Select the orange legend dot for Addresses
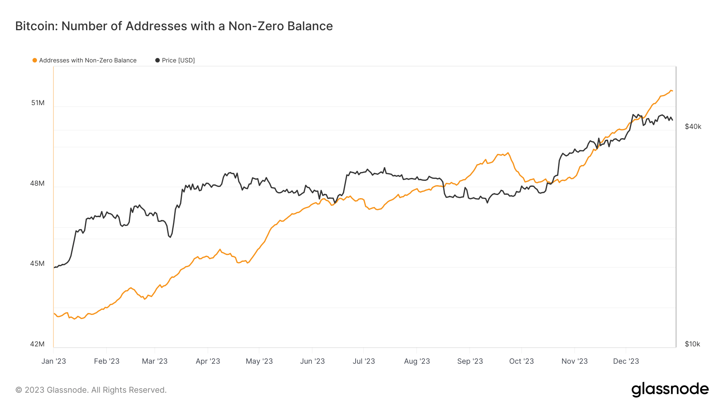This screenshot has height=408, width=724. click(x=35, y=60)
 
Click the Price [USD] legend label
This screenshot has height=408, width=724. click(x=178, y=60)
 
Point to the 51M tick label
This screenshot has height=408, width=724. click(x=38, y=103)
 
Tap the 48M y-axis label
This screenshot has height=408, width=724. click(x=37, y=184)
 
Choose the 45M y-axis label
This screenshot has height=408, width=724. click(x=37, y=264)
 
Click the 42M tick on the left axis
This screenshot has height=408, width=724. click(x=37, y=344)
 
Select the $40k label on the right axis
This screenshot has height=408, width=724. click(x=693, y=127)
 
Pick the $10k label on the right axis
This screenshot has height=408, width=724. click(x=692, y=344)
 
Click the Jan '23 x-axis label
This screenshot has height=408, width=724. click(x=53, y=361)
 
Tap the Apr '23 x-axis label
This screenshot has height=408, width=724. click(x=208, y=361)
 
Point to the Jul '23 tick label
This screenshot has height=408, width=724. click(x=364, y=361)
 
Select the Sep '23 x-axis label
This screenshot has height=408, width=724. click(x=470, y=361)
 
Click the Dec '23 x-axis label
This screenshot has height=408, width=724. click(x=626, y=361)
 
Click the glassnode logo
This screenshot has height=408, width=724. click(x=670, y=389)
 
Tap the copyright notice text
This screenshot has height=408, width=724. click(x=91, y=390)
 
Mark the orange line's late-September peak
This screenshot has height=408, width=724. click(x=508, y=153)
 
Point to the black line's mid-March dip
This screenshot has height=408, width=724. click(x=170, y=237)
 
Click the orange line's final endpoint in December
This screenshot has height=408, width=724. click(x=672, y=91)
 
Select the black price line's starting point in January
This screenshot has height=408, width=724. click(x=54, y=267)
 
